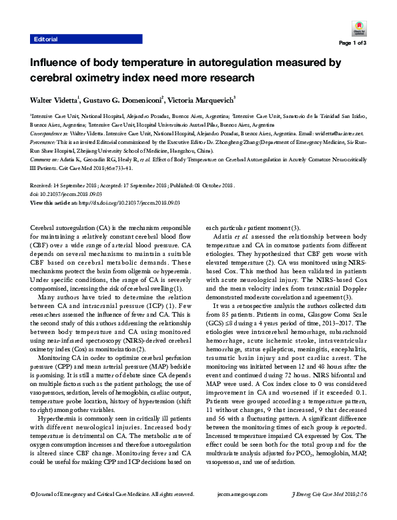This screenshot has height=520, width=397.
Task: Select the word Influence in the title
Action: [x=55, y=63]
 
